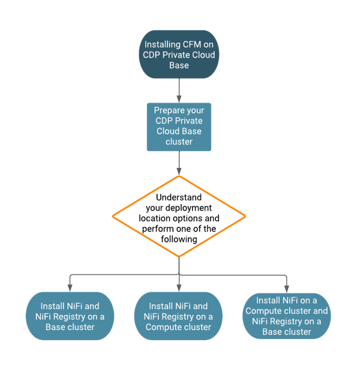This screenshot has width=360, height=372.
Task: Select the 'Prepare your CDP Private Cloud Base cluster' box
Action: tap(179, 127)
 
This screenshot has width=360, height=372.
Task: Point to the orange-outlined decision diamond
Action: tap(179, 217)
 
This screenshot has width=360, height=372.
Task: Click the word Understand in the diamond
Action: tap(179, 197)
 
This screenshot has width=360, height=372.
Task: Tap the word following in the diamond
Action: tap(179, 239)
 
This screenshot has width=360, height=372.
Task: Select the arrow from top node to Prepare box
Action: tap(179, 89)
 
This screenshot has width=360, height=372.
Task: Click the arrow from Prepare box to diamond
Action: tap(179, 163)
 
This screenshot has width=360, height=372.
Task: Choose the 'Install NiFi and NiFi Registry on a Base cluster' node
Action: tap(70, 316)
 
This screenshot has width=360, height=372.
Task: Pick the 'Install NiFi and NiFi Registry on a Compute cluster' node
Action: tap(179, 316)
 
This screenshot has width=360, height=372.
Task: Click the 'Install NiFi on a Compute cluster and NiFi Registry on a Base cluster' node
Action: tap(287, 316)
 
